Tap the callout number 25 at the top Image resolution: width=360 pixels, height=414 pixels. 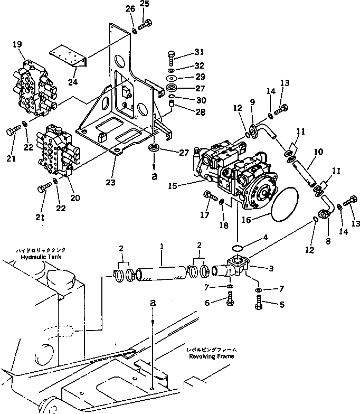[144, 4]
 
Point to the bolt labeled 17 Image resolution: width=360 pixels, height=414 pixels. [209, 198]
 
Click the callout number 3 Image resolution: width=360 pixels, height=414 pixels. [271, 269]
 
